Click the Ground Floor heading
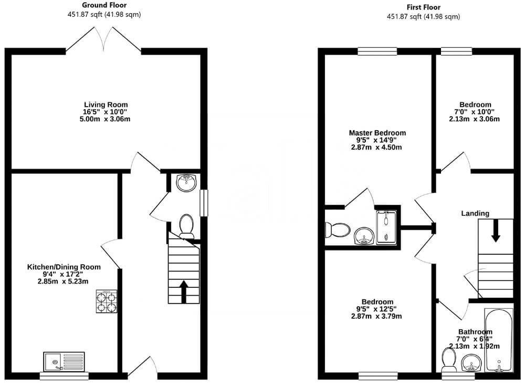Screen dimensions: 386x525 tap(104, 5)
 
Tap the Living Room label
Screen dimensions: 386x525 tap(106, 105)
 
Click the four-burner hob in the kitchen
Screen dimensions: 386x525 tap(107, 301)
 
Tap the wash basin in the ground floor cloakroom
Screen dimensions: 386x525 tap(185, 183)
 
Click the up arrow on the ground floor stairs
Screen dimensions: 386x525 tap(184, 291)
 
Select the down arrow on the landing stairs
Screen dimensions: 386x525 tap(495, 232)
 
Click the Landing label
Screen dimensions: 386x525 tap(475, 213)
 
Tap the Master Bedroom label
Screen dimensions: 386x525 tap(377, 133)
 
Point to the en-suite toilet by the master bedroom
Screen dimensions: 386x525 tap(338, 230)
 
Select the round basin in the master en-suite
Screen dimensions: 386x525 tap(363, 236)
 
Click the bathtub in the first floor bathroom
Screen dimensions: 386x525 tap(498, 340)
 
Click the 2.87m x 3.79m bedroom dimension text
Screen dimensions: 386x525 tap(377, 316)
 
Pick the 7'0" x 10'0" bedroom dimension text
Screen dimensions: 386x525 tap(475, 112)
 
